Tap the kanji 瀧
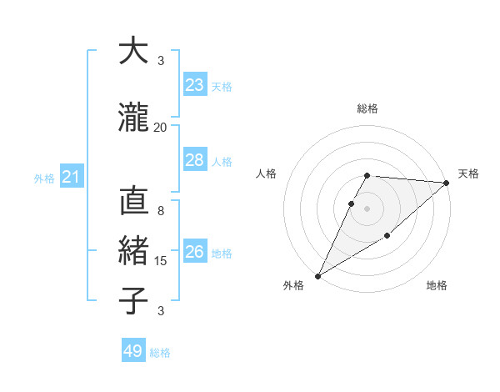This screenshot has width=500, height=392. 133,118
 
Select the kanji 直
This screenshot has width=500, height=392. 133,202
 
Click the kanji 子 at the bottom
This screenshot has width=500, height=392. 133,300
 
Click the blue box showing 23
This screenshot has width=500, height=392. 195,84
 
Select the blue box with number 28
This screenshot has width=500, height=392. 195,160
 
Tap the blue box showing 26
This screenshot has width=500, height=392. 195,252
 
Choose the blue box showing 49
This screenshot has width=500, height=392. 133,351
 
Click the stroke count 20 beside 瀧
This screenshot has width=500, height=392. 161,128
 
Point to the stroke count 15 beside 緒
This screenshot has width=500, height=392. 161,261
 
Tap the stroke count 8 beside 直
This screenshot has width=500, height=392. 161,211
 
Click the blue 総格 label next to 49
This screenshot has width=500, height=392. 161,353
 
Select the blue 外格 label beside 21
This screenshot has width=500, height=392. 44,178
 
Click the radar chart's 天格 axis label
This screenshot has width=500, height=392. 469,173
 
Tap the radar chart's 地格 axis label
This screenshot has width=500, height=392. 437,286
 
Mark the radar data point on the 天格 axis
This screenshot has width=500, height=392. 447,183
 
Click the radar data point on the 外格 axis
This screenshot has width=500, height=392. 317,276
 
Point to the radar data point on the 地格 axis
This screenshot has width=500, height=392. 387,238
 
